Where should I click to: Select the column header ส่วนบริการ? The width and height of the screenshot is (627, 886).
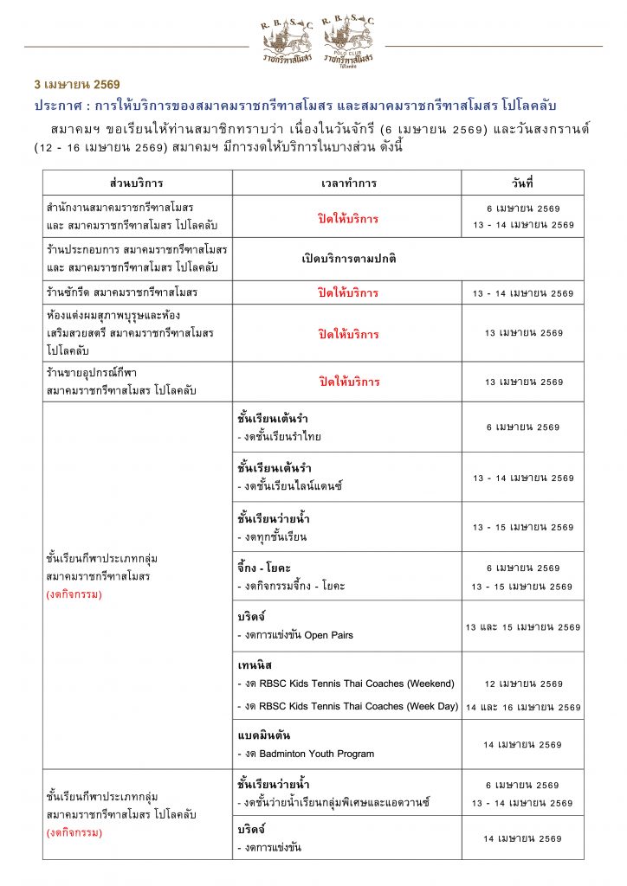click(137, 183)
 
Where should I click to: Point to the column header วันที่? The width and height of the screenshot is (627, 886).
click(522, 183)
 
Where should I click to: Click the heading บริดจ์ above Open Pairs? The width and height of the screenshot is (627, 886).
click(250, 616)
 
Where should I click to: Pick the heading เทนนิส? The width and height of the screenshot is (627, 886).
click(254, 666)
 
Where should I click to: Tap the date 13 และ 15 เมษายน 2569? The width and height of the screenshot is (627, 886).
click(522, 627)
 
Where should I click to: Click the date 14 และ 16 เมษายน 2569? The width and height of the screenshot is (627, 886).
click(522, 708)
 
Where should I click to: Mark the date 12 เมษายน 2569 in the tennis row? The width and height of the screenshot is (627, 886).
click(522, 684)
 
